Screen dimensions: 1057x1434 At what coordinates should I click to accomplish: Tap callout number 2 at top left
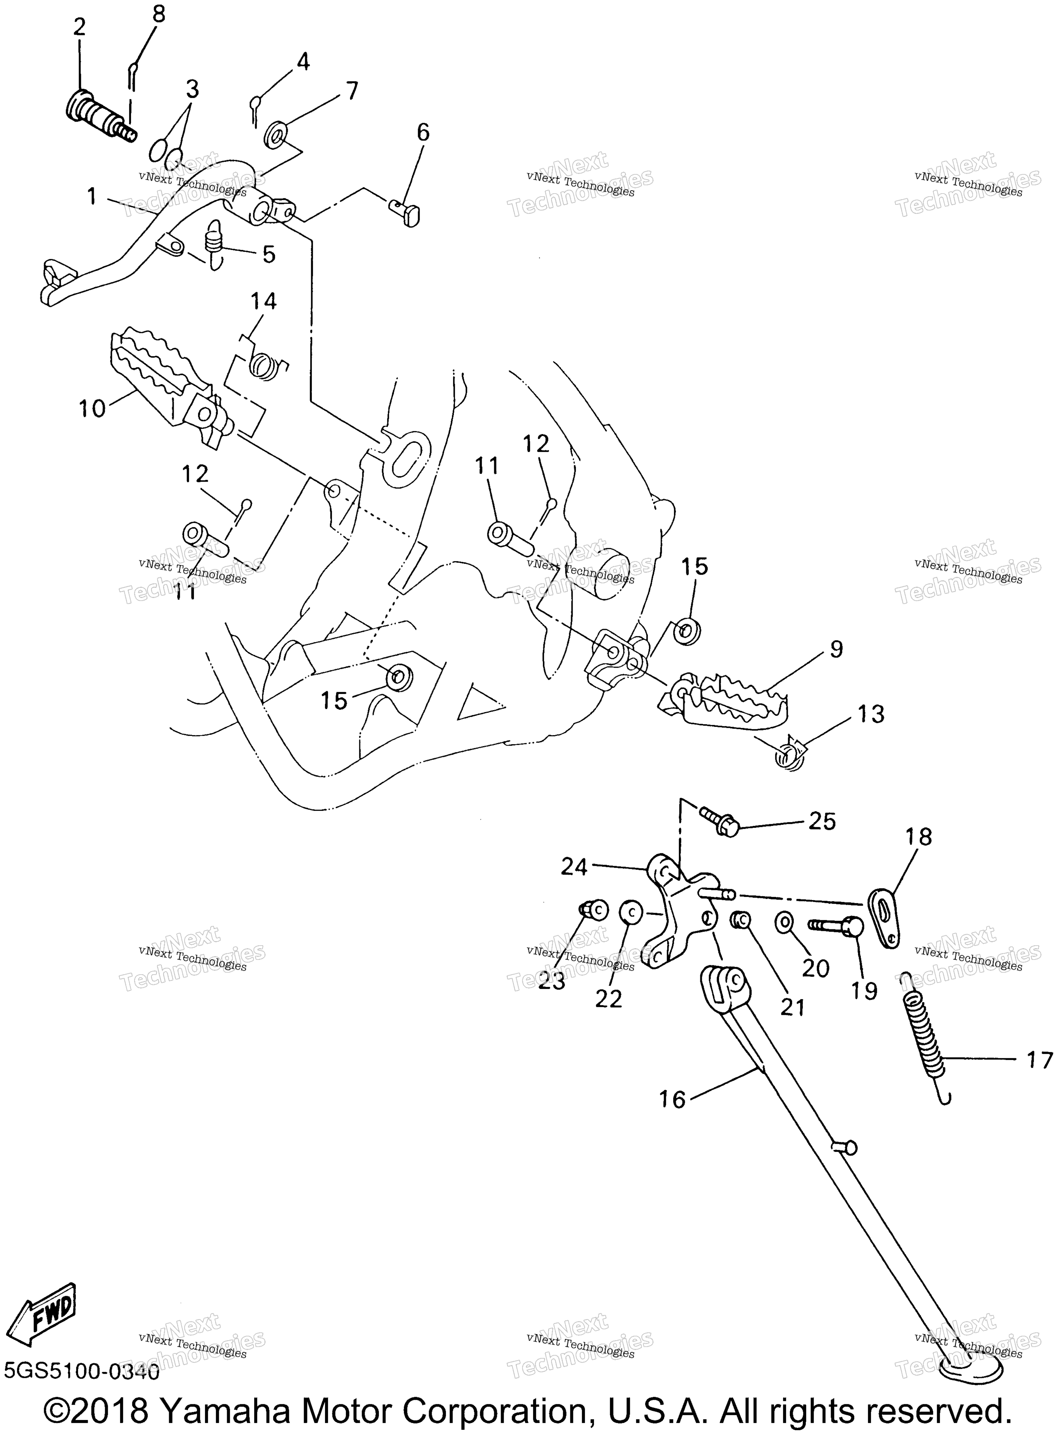click(x=80, y=27)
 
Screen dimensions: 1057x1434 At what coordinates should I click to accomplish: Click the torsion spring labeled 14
click(x=264, y=365)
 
